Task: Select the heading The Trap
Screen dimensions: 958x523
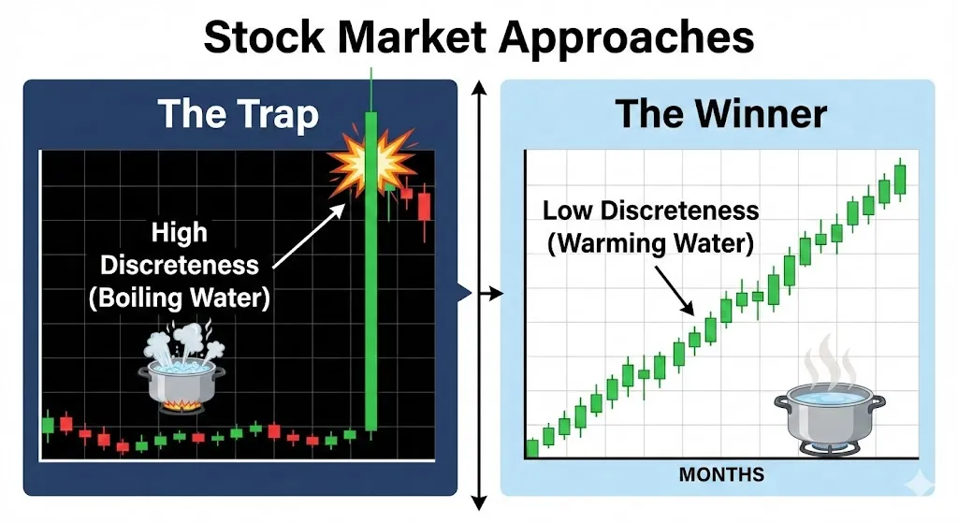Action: (x=239, y=114)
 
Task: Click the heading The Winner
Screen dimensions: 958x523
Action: (x=721, y=113)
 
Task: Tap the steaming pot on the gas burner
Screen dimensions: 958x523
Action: (x=829, y=406)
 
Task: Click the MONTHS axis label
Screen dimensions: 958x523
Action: (x=721, y=474)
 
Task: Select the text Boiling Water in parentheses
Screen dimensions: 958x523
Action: (x=179, y=298)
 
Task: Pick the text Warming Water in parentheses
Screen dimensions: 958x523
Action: (x=650, y=243)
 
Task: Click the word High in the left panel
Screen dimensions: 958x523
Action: (x=179, y=232)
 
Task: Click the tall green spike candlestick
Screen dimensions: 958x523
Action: (x=370, y=271)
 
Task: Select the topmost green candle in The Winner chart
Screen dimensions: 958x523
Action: (x=900, y=179)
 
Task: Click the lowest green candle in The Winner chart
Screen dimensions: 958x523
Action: (x=532, y=448)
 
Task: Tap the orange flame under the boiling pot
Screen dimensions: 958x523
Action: (x=181, y=405)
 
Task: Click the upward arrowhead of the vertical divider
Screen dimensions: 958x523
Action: (x=480, y=88)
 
